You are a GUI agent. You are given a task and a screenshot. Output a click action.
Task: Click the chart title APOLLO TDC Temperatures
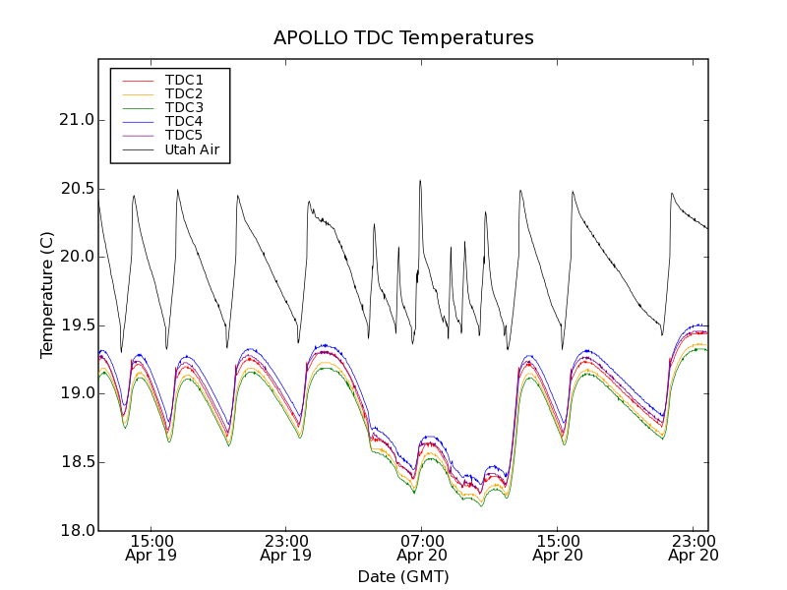(403, 38)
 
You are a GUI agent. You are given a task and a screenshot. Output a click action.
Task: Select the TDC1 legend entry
(184, 80)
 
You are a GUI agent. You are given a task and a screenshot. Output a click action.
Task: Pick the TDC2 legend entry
(184, 93)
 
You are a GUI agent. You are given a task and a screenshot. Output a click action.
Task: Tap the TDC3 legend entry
(184, 107)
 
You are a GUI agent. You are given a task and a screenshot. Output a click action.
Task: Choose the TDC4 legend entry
(184, 121)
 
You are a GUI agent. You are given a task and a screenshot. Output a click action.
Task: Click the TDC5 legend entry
(184, 135)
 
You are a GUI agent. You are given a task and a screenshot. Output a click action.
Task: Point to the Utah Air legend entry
(192, 149)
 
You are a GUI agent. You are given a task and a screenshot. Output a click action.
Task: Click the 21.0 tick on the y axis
(77, 120)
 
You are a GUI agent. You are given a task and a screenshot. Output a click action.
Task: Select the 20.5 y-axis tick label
(77, 188)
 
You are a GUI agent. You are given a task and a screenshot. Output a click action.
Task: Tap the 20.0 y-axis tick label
(77, 257)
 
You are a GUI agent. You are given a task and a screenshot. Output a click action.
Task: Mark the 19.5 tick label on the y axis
(77, 325)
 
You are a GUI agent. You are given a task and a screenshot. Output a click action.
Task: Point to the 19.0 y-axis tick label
(77, 393)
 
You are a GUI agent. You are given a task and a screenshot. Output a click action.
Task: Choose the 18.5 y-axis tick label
(77, 462)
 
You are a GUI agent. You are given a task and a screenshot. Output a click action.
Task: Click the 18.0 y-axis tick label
(77, 530)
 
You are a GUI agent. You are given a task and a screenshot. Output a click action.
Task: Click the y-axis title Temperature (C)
(47, 295)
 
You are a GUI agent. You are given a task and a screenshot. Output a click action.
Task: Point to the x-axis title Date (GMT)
(403, 576)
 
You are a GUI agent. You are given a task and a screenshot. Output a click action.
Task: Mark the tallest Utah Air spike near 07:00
(420, 182)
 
